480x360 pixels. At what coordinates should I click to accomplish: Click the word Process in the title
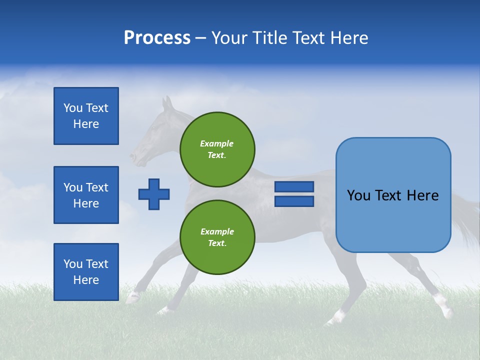tap(157, 38)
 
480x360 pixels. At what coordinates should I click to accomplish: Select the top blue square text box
tap(86, 116)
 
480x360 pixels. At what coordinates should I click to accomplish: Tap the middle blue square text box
tap(86, 195)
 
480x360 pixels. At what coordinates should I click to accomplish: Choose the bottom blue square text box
tap(86, 272)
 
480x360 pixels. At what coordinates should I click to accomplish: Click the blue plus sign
tap(154, 194)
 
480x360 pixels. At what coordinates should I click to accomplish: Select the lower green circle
tap(217, 237)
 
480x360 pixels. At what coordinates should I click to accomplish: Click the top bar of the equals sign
tap(294, 186)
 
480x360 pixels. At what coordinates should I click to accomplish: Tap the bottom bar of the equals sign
tap(294, 201)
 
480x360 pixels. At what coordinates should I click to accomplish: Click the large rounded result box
tap(393, 195)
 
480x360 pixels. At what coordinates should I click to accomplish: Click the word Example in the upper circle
tap(217, 143)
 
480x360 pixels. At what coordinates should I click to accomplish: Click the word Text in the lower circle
tap(217, 243)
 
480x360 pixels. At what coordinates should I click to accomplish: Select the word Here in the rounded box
tap(422, 195)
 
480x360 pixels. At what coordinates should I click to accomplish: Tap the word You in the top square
tap(73, 108)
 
